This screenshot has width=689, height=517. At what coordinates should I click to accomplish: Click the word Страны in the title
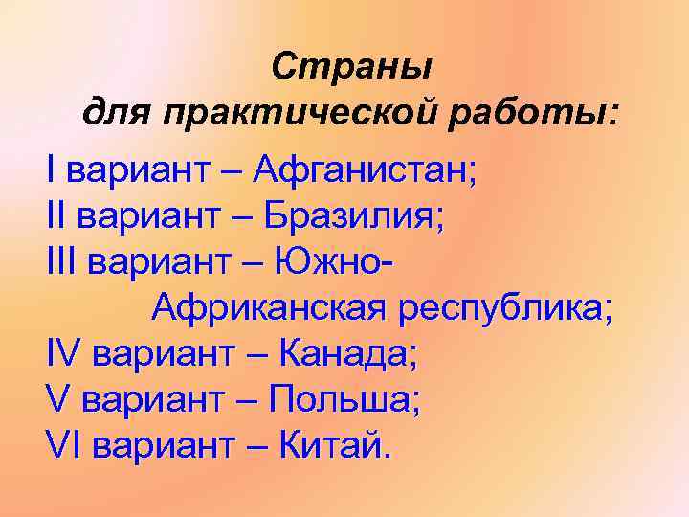[351, 67]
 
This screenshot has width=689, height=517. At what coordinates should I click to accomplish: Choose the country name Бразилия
[353, 217]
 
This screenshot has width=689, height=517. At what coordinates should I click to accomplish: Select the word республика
[505, 308]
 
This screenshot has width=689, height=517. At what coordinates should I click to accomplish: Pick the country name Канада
[347, 354]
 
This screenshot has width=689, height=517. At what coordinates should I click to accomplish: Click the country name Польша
[343, 399]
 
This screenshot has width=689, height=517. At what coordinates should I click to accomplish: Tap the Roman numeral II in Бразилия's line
[55, 217]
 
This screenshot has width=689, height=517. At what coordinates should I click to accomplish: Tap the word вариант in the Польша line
[148, 399]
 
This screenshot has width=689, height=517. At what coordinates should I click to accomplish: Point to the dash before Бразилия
[243, 217]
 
